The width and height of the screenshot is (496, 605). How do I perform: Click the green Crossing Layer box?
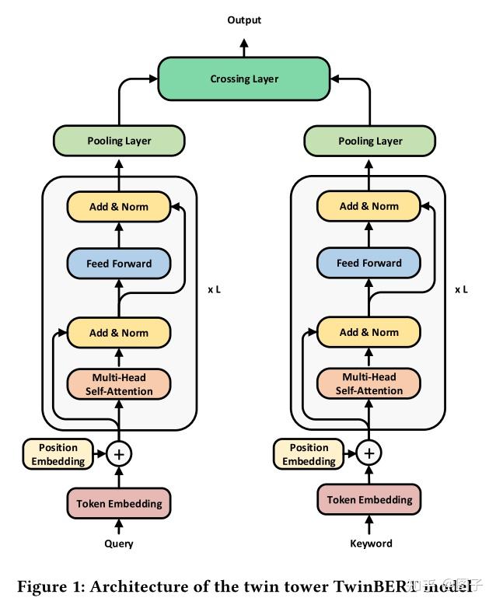[244, 79]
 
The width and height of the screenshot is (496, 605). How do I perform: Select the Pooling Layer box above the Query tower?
[119, 141]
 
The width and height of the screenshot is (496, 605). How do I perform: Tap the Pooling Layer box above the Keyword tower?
[370, 141]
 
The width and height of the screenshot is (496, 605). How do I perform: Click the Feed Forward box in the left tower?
[119, 264]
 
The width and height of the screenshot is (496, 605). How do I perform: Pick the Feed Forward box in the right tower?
[369, 264]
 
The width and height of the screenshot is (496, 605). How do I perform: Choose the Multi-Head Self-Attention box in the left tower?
[119, 384]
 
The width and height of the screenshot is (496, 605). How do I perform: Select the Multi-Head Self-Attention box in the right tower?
[369, 384]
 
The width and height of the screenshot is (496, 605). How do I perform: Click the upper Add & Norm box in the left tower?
[119, 206]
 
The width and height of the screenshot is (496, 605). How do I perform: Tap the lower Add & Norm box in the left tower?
[119, 333]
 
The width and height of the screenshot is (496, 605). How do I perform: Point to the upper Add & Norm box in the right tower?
[369, 206]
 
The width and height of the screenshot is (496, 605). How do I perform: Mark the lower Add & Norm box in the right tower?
[369, 333]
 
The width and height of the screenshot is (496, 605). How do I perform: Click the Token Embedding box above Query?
[119, 503]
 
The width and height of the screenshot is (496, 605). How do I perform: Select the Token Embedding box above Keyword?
[369, 499]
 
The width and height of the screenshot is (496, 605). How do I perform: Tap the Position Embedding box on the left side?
[58, 454]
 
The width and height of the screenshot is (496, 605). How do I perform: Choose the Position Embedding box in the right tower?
[309, 454]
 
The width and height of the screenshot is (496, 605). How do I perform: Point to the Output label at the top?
[244, 19]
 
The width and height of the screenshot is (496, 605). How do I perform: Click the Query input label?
[119, 544]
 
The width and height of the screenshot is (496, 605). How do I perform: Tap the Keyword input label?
[371, 544]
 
